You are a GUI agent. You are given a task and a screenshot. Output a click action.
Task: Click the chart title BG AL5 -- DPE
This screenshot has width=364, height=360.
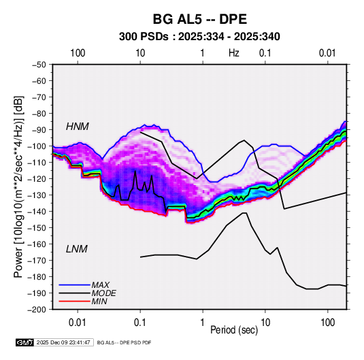coord(199,19)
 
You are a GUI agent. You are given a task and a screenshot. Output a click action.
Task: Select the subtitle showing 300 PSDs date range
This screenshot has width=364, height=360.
coord(199,37)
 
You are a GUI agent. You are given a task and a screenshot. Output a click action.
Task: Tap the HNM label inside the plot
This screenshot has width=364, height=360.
coord(78,127)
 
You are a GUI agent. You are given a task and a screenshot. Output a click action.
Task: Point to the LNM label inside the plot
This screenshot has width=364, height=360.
coord(77,249)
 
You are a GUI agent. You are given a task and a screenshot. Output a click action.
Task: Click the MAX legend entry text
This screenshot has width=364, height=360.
coord(100,285)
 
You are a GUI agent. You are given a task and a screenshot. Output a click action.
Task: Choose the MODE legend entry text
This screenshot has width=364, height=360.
coord(104,293)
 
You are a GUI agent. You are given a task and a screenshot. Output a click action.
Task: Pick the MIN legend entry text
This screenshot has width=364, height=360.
coord(99,301)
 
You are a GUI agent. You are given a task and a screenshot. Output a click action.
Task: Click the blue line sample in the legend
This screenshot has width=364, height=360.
coord(75,285)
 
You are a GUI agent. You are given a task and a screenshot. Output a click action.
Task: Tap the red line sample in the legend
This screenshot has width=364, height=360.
coord(75,301)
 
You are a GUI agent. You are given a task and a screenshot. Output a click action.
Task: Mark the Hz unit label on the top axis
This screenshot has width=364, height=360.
coord(234,53)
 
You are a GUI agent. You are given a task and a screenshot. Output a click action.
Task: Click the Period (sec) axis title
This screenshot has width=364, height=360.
coord(234,330)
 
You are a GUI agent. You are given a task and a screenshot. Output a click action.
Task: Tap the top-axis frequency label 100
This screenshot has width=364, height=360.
coord(78,53)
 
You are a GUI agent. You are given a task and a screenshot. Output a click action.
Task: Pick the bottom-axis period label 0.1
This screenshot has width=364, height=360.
coord(140,323)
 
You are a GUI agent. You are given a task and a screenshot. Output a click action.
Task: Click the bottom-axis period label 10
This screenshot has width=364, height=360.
coord(265,323)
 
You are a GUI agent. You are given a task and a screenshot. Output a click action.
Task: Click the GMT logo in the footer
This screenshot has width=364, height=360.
coord(25,342)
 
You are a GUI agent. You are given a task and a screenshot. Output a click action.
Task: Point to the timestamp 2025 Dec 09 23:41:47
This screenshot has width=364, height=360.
coord(63,342)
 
